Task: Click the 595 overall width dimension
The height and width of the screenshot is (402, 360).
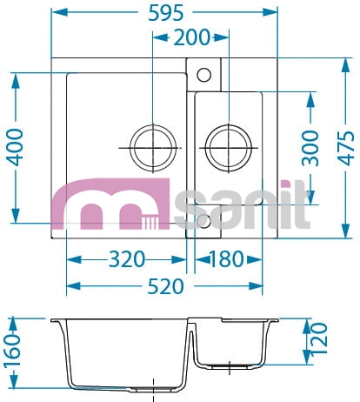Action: (x=166, y=13)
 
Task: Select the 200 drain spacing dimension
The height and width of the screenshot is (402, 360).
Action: (x=191, y=37)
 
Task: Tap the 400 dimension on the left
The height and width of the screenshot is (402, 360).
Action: (x=15, y=147)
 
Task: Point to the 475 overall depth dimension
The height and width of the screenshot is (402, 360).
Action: (x=346, y=148)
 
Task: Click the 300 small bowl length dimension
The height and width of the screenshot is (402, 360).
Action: (x=310, y=148)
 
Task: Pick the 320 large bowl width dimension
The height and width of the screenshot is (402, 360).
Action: (x=127, y=259)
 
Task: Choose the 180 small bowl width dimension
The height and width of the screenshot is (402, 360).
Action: (x=226, y=259)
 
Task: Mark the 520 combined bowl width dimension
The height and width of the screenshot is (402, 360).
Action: (x=165, y=286)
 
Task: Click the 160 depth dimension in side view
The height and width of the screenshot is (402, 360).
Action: (x=13, y=352)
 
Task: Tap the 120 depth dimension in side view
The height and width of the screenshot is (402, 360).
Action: (x=319, y=338)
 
